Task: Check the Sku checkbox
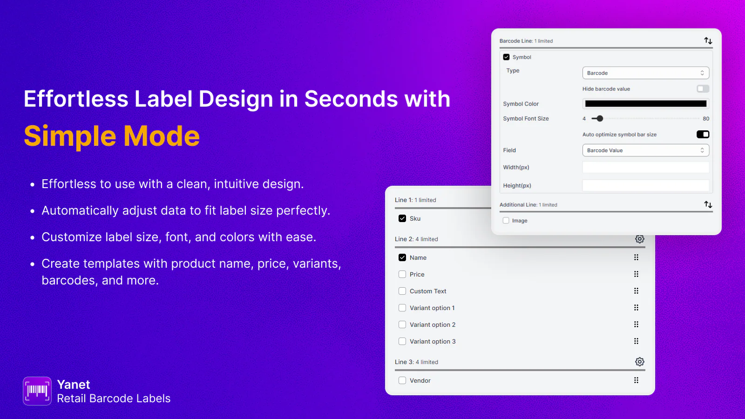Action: tap(402, 218)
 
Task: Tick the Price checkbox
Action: tap(402, 274)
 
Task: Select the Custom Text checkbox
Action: tap(402, 291)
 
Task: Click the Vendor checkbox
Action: tap(402, 380)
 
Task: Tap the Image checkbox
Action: tap(506, 221)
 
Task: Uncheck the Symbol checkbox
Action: tap(506, 57)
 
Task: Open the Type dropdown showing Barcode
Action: tap(645, 73)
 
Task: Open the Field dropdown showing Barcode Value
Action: tap(645, 150)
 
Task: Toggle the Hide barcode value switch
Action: tap(703, 89)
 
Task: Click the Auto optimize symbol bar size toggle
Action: tap(703, 135)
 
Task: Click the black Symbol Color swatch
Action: tap(645, 104)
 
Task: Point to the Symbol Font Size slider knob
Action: tap(600, 119)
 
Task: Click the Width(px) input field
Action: tap(645, 167)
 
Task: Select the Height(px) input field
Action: tap(645, 186)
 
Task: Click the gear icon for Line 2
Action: tap(640, 239)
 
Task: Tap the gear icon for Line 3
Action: tap(640, 362)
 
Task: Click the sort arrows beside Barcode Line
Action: tap(708, 41)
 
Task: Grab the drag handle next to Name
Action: tap(636, 257)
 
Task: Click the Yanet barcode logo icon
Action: tap(37, 391)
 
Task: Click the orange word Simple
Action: tap(70, 136)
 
